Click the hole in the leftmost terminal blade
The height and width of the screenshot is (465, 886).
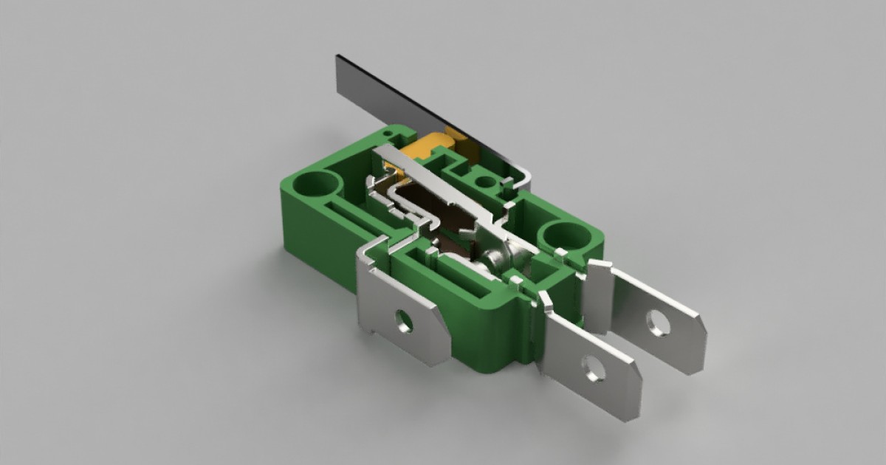[404, 320]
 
